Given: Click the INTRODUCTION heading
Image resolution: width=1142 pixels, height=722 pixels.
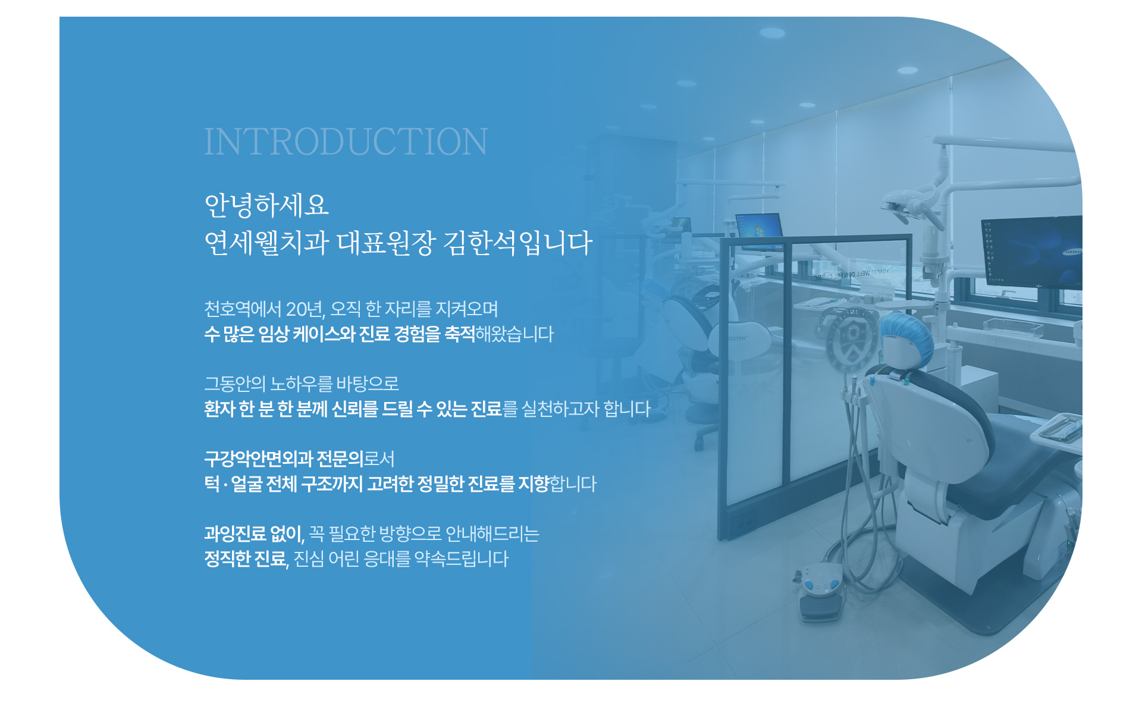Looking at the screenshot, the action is [x=346, y=142].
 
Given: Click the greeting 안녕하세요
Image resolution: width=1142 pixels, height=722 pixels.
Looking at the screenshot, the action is [x=266, y=205].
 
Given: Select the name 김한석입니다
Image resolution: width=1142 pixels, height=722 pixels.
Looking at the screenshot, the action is [x=518, y=243].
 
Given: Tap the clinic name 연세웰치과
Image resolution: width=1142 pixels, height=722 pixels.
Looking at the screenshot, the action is [x=266, y=243].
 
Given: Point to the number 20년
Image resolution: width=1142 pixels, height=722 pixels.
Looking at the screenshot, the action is [x=305, y=309].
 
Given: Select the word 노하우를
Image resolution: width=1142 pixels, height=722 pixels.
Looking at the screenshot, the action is [x=301, y=384].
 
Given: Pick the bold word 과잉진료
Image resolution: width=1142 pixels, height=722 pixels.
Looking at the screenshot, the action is [x=235, y=533].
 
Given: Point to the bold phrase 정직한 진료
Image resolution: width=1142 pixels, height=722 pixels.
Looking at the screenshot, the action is [x=245, y=558].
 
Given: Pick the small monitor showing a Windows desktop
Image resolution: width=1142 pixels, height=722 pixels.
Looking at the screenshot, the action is [x=759, y=230].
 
